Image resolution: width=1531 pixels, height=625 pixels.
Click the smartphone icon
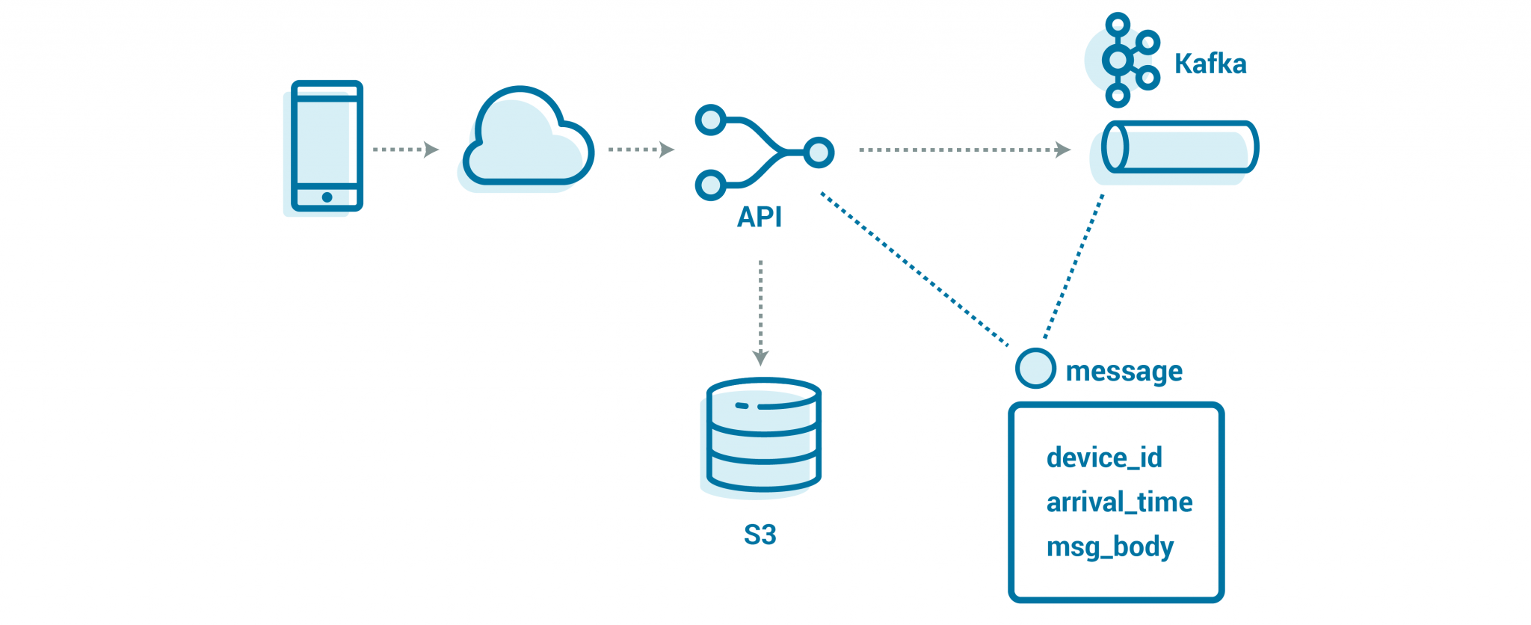[327, 146]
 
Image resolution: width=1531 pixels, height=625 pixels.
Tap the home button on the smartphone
[327, 197]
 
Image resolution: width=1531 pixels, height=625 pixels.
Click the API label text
[759, 217]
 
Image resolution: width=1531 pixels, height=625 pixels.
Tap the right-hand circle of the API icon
[819, 153]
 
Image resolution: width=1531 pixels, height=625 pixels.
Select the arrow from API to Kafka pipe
[964, 150]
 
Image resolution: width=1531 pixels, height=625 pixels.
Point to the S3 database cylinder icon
[763, 435]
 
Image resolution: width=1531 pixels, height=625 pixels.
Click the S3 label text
[760, 535]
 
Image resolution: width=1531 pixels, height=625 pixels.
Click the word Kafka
[1210, 64]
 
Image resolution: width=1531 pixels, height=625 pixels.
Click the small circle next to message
[1035, 369]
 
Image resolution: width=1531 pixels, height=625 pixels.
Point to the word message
[1124, 372]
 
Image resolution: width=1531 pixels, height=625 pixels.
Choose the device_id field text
[1104, 458]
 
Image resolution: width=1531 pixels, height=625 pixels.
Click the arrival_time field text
[1119, 502]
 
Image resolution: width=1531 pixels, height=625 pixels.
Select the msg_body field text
[1109, 547]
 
